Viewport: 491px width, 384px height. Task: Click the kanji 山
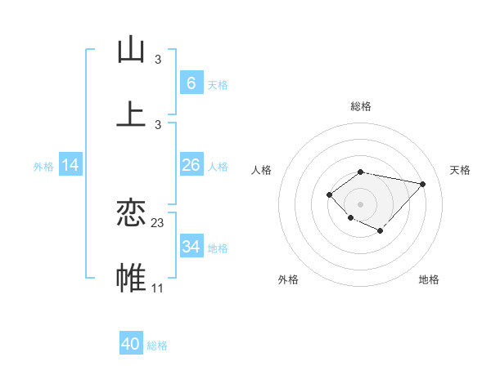[x=131, y=50]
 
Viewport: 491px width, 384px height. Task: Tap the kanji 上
[x=131, y=114]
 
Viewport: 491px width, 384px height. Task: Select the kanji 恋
[x=131, y=213]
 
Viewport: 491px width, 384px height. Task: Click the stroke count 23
[x=158, y=222]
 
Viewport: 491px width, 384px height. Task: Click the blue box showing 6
[x=191, y=83]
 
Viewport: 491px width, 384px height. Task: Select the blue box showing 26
[x=191, y=165]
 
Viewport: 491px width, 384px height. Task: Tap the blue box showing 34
[x=191, y=246]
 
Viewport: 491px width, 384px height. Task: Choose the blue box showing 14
[x=70, y=165]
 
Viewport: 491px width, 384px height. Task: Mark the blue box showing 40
[x=131, y=344]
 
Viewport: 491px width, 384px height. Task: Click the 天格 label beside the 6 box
[x=218, y=84]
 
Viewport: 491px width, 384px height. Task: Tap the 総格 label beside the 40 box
[x=157, y=346]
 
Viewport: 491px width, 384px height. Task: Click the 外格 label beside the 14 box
[x=43, y=167]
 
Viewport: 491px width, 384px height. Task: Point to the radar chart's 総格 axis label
[x=361, y=106]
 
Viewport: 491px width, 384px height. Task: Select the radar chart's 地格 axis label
[x=429, y=279]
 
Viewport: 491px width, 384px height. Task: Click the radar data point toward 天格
[x=422, y=184]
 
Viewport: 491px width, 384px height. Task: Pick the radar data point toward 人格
[x=329, y=194]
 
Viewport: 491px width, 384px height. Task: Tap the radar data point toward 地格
[x=381, y=231]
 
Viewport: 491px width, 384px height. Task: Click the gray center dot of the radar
[x=361, y=203]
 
